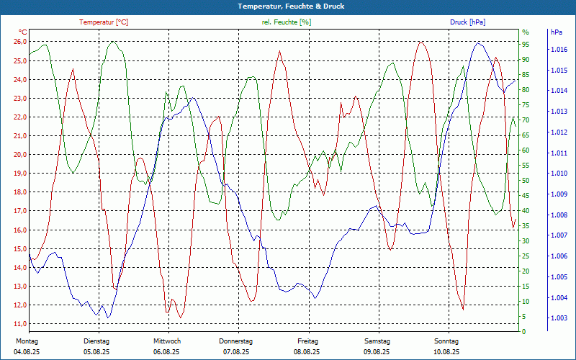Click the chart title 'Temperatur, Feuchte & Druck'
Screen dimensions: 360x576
[288, 6]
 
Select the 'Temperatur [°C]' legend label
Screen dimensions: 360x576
[104, 22]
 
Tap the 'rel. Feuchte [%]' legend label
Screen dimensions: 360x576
[287, 22]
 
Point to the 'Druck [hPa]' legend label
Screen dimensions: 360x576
[467, 22]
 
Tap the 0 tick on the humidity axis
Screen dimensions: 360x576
[523, 332]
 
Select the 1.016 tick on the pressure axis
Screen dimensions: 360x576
[559, 50]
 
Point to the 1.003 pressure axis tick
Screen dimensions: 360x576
[559, 318]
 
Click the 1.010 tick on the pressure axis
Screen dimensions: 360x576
[559, 174]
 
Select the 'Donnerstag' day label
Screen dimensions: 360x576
[235, 341]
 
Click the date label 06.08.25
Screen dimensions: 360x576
[166, 352]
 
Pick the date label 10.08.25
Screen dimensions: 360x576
[446, 352]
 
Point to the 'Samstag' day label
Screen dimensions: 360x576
[377, 341]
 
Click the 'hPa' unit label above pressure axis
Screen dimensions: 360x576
[557, 32]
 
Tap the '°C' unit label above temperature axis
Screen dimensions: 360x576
[23, 32]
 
